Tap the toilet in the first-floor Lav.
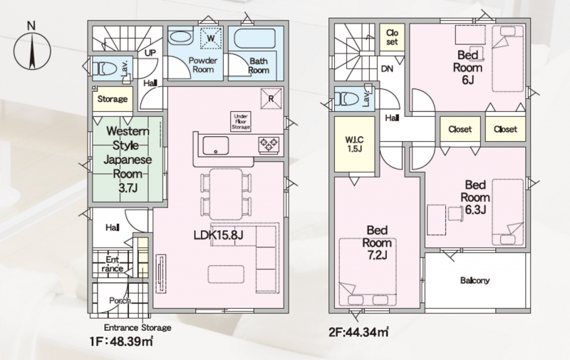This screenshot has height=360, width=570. point(104,68)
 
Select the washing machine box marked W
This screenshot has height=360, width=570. point(211,38)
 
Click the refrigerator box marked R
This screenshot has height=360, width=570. point(271,98)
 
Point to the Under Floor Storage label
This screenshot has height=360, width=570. point(241,122)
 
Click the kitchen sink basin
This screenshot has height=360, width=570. point(216,145)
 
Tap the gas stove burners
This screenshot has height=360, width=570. point(269,145)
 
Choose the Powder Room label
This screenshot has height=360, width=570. point(203,65)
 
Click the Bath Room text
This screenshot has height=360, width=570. point(259,66)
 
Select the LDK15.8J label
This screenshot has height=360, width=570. point(218,235)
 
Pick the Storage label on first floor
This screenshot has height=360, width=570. point(113,99)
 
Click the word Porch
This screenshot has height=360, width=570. point(120,301)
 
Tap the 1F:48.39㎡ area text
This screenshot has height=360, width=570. point(121,341)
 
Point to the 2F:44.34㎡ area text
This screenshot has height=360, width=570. point(359,332)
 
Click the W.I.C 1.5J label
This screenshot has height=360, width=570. point(354,144)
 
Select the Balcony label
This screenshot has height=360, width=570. point(475,280)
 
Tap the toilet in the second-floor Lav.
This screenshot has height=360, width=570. point(346,98)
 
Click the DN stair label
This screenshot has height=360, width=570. point(387,68)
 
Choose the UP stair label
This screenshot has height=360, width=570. point(150,53)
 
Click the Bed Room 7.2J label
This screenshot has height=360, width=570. point(377,242)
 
